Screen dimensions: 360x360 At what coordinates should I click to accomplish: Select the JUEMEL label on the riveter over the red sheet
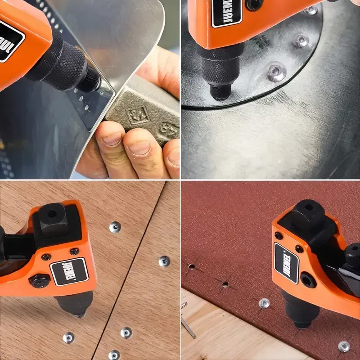tap(287, 263)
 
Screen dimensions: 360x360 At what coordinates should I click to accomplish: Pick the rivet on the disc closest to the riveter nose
tap(275, 72)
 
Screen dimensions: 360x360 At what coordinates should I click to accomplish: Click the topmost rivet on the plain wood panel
tap(115, 227)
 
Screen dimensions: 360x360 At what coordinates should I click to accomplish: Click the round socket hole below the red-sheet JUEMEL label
tap(308, 280)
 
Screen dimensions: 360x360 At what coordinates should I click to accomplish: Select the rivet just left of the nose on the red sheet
tap(264, 303)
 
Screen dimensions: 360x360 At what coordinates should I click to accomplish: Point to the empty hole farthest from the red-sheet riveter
tap(191, 266)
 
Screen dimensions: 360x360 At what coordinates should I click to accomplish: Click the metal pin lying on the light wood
tap(188, 326)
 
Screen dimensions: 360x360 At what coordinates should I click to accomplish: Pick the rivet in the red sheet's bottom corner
tap(344, 346)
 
